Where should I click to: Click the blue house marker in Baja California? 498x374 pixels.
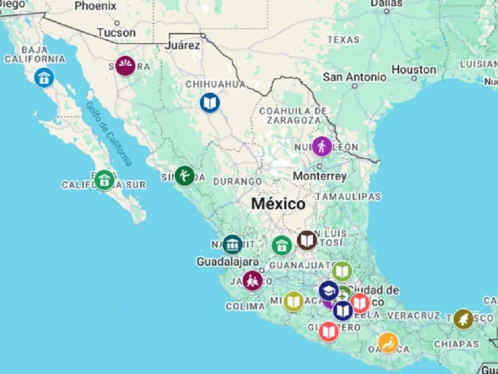44,77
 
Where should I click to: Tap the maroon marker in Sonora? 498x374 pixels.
125,66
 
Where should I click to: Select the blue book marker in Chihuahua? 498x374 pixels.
210,102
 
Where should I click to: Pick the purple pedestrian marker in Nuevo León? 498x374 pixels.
322,146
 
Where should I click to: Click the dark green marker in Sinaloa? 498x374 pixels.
184,175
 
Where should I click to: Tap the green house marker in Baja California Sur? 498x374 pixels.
104,180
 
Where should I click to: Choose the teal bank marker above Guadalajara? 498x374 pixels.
232,244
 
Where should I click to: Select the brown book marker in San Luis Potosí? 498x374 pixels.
307,240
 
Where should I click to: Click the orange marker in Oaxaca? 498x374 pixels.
388,342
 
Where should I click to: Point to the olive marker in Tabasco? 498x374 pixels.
463,319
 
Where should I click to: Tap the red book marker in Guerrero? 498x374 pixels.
329,332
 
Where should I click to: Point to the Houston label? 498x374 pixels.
414,70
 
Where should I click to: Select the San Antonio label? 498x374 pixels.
354,77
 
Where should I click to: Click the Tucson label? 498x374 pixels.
116,32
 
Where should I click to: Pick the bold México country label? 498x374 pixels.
278,204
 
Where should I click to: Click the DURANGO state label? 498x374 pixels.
237,181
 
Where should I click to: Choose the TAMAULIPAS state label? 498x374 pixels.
348,196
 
